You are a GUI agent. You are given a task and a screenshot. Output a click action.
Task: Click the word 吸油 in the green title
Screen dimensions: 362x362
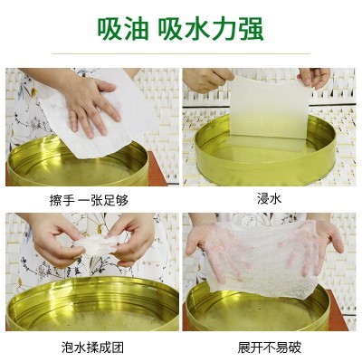click(125, 30)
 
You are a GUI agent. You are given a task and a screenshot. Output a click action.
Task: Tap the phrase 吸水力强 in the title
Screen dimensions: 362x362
click(212, 30)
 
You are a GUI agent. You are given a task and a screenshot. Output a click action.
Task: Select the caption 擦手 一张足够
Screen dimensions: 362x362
click(91, 199)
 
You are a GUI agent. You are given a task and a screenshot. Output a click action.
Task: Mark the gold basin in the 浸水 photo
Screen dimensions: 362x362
click(262, 158)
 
